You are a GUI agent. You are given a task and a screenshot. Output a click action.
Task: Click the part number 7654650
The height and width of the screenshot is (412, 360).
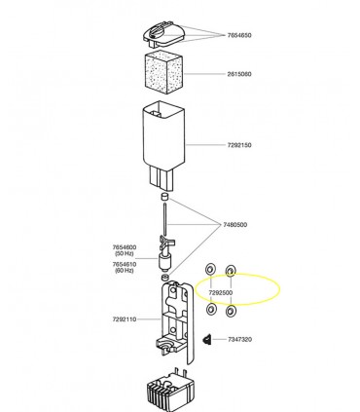tap(239, 35)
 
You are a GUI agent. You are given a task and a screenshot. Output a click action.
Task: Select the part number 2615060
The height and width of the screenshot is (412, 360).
tap(239, 74)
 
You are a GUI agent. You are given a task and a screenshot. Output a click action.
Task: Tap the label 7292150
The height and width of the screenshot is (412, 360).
tap(239, 145)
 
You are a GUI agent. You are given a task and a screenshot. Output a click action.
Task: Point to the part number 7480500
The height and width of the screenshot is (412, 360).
tap(234, 225)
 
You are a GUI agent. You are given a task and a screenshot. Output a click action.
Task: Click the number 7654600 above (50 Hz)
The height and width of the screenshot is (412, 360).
tap(125, 247)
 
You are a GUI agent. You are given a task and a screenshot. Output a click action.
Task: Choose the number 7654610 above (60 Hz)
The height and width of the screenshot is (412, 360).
tap(125, 265)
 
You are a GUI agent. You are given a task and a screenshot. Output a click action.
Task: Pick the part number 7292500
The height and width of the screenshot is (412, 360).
tap(221, 293)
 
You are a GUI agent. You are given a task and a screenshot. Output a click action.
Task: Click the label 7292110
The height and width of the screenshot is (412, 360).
tap(125, 319)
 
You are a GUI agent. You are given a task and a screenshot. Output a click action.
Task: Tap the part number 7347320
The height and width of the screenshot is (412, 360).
tap(239, 340)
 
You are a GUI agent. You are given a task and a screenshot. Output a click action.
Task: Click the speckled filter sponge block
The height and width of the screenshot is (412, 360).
tap(163, 74)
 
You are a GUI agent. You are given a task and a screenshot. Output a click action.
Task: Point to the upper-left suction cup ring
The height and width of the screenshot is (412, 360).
tap(210, 270)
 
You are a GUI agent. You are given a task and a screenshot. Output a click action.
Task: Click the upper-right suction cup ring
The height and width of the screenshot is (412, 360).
tap(231, 270)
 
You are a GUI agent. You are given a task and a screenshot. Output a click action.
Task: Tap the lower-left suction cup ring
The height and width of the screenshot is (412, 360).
tap(211, 309)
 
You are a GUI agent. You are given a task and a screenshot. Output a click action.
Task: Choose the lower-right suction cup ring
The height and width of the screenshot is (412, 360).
tap(231, 311)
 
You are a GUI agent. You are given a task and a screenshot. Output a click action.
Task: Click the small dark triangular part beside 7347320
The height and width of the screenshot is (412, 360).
tap(206, 340)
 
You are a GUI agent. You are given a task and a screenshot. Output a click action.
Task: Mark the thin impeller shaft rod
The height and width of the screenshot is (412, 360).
tap(165, 220)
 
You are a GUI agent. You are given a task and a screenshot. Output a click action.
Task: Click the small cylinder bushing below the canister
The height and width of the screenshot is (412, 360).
tap(165, 197)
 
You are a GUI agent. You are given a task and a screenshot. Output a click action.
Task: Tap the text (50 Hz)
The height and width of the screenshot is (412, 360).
tap(125, 253)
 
